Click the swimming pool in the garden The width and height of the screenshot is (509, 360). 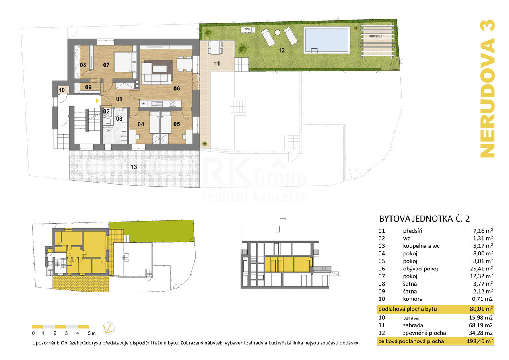(x=327, y=40)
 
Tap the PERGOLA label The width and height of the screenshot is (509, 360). (x=376, y=37)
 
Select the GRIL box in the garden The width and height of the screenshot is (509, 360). (x=248, y=29)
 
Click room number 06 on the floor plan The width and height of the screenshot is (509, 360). (x=177, y=88)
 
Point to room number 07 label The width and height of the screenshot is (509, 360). (x=106, y=65)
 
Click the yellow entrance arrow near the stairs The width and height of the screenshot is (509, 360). (x=97, y=101)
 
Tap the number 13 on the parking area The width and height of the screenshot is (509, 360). (x=134, y=167)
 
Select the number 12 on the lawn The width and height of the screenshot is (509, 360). (x=281, y=50)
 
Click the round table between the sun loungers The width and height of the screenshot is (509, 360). (x=277, y=33)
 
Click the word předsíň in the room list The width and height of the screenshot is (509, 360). (x=412, y=231)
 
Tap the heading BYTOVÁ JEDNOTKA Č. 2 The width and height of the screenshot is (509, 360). (x=424, y=218)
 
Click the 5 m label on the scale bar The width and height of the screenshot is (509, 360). (x=92, y=333)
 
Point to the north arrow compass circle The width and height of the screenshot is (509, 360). (x=109, y=328)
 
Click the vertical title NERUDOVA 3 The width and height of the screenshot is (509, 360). (x=488, y=89)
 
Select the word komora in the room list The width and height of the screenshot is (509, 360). (x=412, y=299)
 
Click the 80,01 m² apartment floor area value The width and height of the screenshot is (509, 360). (x=481, y=309)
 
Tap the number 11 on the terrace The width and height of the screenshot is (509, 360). (x=217, y=64)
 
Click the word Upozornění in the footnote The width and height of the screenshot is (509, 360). (x=46, y=343)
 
